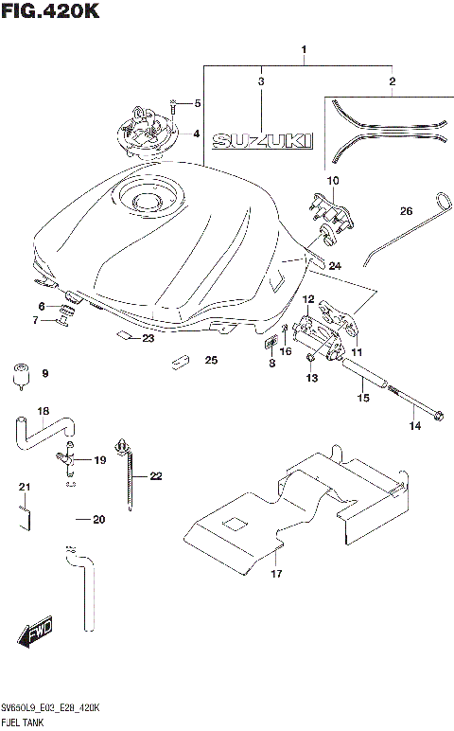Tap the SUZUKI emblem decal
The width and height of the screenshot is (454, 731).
pos(261,142)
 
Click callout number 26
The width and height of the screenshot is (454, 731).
pos(406,211)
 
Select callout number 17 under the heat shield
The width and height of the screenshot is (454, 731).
pos(276,574)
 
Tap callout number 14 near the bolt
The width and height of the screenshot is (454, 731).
pos(414,427)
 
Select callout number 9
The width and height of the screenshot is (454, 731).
pos(44,374)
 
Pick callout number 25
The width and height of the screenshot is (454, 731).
pos(211,360)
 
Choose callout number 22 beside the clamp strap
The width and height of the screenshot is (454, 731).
pos(156,475)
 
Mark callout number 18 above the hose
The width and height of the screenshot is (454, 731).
pos(43,411)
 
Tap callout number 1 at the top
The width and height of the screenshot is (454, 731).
pos(305,48)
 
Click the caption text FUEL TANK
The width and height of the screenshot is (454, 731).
pos(28,722)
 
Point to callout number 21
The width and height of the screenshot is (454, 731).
pos(26,487)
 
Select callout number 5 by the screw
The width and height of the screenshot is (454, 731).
pos(197,102)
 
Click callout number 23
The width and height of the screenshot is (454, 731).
pos(148,338)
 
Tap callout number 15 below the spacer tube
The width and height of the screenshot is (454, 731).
pos(362,400)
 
